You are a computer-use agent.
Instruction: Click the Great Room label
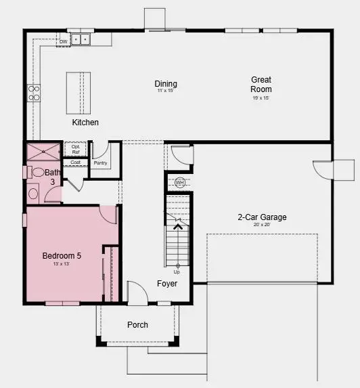coord(261,84)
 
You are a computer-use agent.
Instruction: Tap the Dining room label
coord(166,84)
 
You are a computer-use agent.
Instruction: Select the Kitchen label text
coord(85,123)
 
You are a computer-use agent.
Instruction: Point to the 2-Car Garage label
coord(262,217)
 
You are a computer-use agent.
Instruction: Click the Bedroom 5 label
coord(62,255)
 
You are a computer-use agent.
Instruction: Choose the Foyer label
coord(167,284)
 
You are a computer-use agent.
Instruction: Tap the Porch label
coord(137,325)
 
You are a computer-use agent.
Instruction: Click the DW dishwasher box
coord(63,41)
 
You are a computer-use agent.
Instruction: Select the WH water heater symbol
coord(179,183)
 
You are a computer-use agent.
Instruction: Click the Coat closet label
coord(76,163)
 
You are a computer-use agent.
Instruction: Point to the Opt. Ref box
coord(76,150)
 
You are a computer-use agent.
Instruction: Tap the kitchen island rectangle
coord(78,93)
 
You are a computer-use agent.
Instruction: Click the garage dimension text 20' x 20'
coord(262,225)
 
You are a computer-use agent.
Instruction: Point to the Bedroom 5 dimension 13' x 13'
coord(62,263)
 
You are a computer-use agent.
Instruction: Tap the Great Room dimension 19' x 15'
coord(261,98)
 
